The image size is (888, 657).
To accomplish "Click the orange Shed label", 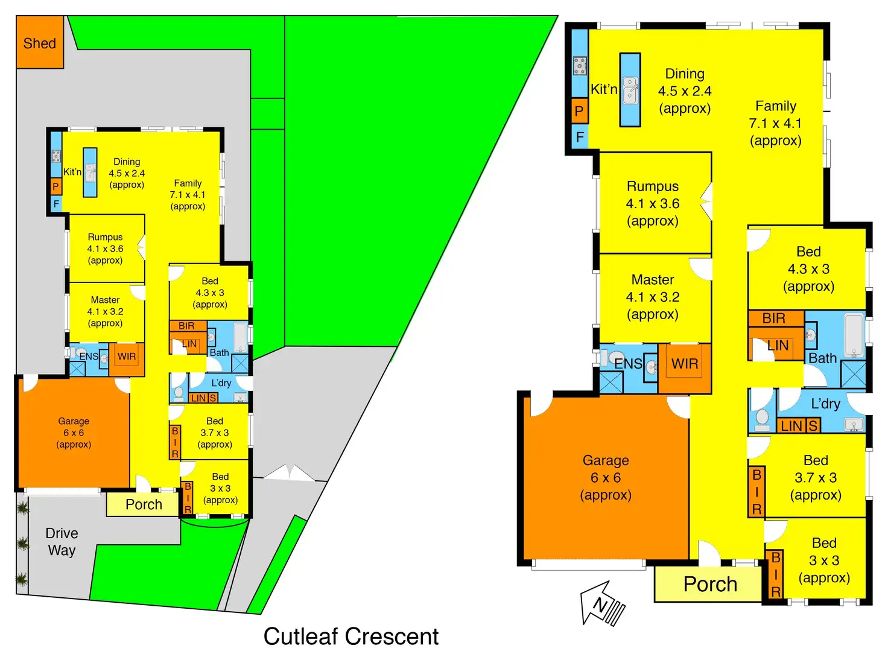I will point(39,43).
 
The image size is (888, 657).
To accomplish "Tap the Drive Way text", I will point(62,541).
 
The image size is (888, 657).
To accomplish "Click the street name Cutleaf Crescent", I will point(350,636).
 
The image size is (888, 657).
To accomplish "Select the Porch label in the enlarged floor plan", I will point(710,584).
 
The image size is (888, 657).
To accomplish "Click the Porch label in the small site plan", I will point(144,504).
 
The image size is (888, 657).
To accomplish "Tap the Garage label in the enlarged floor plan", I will point(606,461).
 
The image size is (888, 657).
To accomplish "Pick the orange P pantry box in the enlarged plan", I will point(579,111).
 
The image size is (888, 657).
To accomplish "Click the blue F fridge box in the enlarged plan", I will point(579,137).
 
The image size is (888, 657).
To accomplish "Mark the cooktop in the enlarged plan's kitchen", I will point(580,65).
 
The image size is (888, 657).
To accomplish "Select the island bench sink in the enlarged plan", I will point(630,90).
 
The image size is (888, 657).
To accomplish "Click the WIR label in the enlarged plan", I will point(685,364).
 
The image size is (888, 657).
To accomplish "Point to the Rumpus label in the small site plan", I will point(105,237).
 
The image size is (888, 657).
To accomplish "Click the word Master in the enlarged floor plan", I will point(653,280).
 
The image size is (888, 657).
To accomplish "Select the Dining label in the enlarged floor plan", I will point(685,74).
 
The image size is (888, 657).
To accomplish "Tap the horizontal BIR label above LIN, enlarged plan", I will point(774,318).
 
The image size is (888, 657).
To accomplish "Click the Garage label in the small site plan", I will point(74,421).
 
